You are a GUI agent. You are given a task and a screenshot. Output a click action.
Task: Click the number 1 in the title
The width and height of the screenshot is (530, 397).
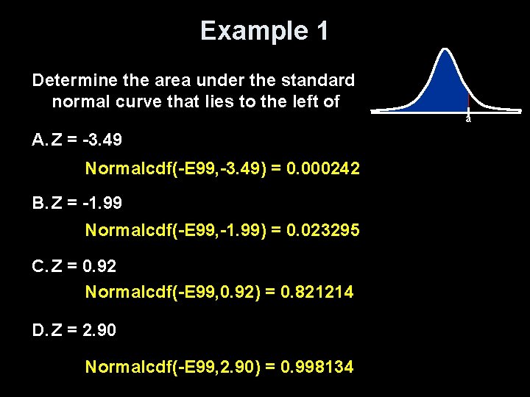[322, 31]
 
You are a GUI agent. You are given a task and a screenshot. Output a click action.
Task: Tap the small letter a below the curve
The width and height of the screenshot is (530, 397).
[467, 118]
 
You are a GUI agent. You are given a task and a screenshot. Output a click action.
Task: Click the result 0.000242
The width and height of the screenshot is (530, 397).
[324, 169]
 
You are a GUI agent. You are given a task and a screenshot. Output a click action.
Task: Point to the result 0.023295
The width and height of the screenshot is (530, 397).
[324, 231]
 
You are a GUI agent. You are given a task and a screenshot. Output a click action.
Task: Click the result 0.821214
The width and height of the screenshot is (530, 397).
[317, 293]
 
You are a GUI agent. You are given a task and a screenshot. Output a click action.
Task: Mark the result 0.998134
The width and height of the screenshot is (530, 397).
[317, 366]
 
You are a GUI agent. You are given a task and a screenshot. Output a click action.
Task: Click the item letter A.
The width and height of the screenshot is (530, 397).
[38, 139]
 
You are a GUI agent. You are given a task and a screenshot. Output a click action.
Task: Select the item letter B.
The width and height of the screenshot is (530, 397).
[38, 201]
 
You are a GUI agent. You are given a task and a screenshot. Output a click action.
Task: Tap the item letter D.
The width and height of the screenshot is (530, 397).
[38, 331]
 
